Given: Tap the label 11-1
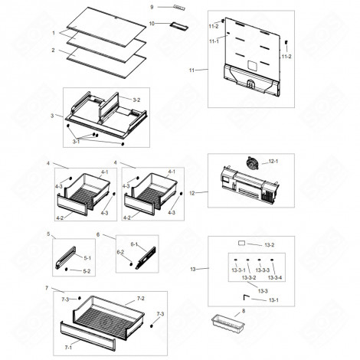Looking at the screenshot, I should tap(214, 41).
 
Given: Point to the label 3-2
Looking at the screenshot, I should tap(136, 100).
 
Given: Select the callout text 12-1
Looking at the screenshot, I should tap(274, 162).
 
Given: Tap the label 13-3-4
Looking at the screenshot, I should tap(276, 277).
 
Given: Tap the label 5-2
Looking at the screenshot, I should tap(87, 271).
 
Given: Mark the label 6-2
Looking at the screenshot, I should tap(119, 252).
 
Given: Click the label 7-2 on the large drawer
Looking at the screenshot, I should tap(140, 296).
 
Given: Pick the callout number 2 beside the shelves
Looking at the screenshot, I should tap(53, 50).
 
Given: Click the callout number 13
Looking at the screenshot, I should tap(193, 269).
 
